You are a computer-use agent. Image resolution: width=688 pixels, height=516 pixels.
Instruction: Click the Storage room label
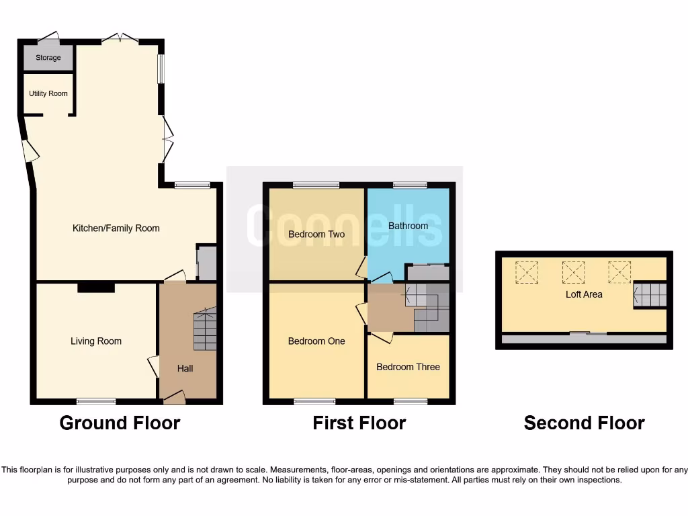pos(48,58)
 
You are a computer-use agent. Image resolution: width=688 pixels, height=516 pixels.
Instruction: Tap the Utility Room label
pos(48,93)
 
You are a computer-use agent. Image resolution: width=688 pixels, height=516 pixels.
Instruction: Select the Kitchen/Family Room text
pos(116,228)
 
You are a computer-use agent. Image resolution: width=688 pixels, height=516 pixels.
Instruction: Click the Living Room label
pos(96,341)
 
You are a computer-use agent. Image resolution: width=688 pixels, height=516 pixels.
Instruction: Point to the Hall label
pos(185,368)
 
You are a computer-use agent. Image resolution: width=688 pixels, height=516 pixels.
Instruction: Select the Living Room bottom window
pos(95,402)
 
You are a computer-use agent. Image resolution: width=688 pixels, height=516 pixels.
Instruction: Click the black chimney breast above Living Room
pos(95,288)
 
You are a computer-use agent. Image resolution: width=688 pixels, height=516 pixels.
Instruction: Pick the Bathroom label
pos(408,226)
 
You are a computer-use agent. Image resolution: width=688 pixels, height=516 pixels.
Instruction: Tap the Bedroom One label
pos(316,341)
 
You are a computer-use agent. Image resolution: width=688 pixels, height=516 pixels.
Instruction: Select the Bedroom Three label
pos(408,367)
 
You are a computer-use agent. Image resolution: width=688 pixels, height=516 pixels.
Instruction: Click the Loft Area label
pos(584,294)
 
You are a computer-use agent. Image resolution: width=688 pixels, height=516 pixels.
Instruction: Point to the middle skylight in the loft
pos(573,271)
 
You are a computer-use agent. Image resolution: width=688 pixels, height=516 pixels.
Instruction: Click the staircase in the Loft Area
pos(650,294)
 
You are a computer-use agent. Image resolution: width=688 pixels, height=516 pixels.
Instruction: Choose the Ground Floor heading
pos(120,423)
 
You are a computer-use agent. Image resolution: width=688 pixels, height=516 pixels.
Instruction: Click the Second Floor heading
pos(584,423)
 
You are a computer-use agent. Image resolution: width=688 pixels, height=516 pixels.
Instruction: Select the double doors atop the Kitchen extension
pos(120,38)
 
